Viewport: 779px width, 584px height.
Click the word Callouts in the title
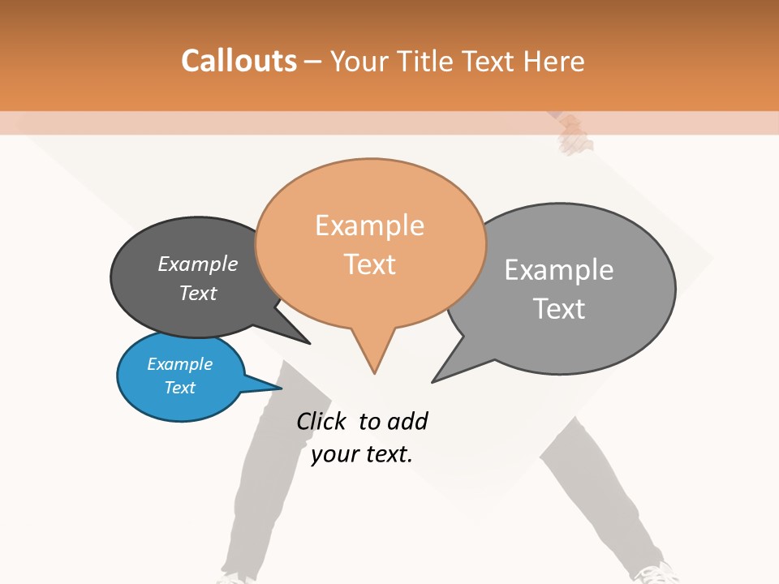pos(239,61)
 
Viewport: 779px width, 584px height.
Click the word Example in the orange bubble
pos(369,225)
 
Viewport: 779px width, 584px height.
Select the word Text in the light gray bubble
pos(559,309)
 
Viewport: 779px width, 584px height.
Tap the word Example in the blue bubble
pos(180,364)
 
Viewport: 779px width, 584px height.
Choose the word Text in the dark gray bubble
pos(198,293)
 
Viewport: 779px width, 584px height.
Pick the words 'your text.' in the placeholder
pos(362,454)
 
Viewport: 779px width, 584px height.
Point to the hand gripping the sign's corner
pos(575,134)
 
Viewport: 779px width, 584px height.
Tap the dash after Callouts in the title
pos(312,62)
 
